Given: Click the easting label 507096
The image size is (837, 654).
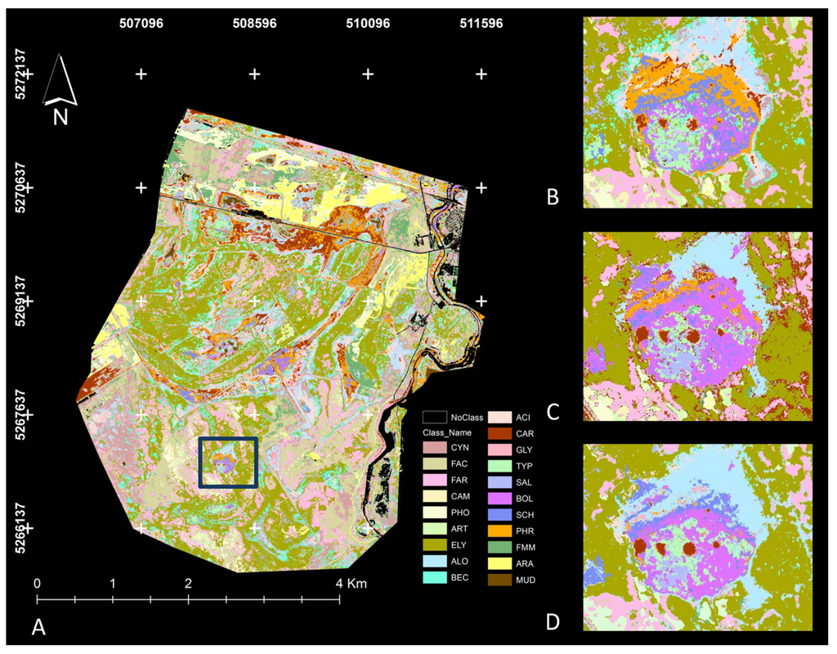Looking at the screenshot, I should tap(141, 24).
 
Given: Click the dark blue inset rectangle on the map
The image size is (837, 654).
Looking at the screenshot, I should tap(228, 463).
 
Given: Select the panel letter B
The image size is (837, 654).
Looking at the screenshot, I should tap(553, 198).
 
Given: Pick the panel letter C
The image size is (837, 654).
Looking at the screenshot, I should tap(553, 410).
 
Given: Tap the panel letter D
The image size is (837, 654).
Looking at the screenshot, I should tap(553, 622).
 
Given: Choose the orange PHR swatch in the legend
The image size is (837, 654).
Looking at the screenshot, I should tap(500, 531).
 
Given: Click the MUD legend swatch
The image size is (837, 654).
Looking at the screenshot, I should tap(500, 580).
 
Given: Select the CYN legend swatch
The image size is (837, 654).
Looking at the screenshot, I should tap(433, 449).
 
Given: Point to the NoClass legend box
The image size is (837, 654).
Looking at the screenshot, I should tap(433, 417).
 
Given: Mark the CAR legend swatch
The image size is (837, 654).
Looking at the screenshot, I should tap(500, 433).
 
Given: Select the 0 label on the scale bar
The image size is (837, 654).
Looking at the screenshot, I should tap(37, 585).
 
